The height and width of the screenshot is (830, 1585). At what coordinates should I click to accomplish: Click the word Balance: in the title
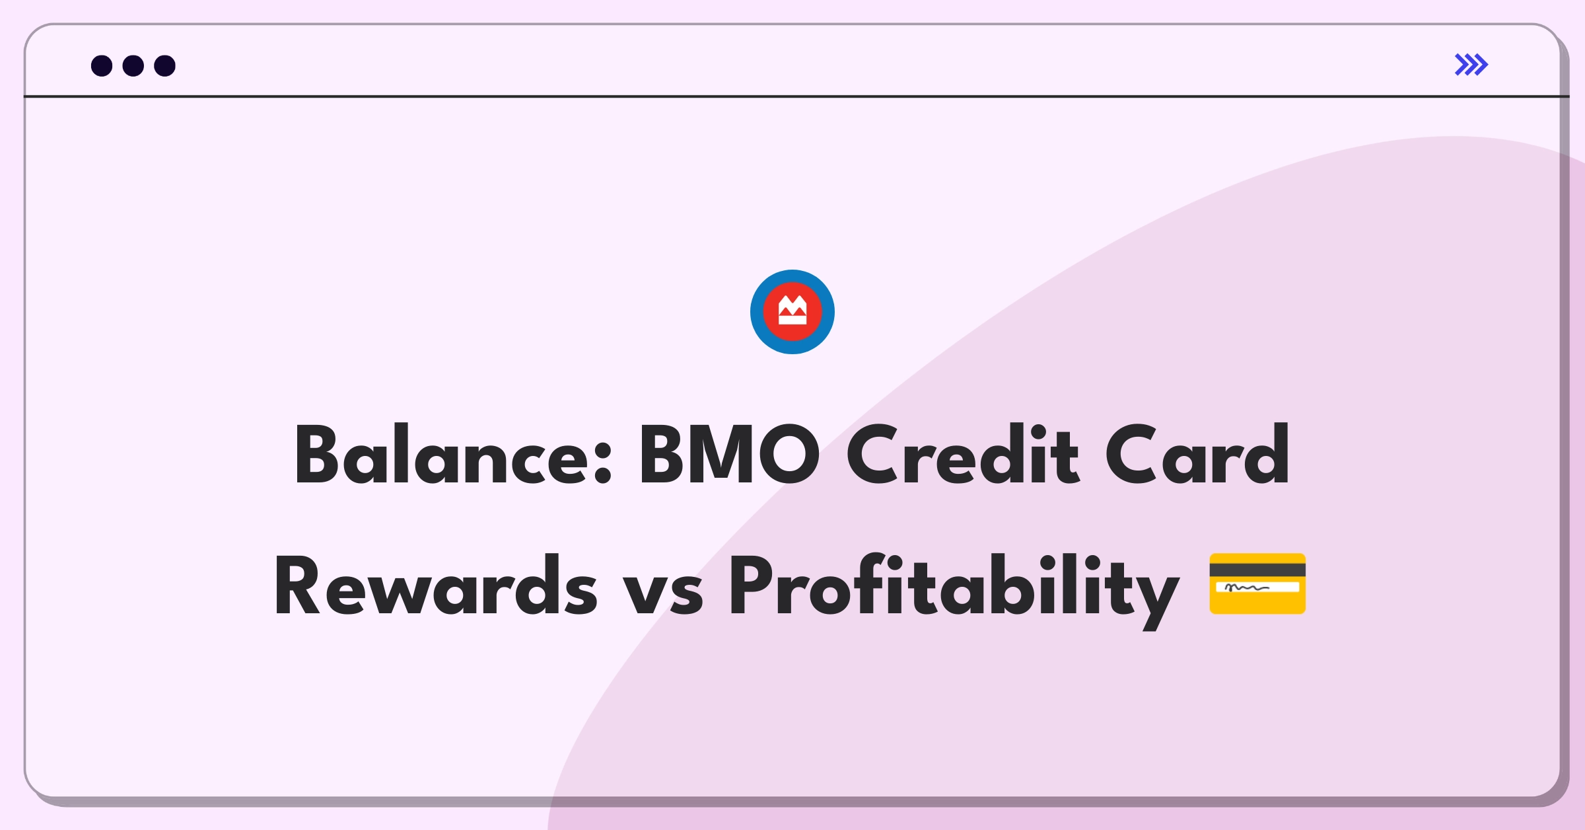click(454, 455)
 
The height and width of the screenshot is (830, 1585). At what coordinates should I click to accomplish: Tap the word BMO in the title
click(729, 455)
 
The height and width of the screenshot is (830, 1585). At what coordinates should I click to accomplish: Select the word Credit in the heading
click(962, 455)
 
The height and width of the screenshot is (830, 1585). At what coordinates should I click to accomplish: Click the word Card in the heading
click(1197, 455)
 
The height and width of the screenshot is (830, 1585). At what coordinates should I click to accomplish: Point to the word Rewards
click(436, 585)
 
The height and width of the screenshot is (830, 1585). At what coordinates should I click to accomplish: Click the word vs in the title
click(662, 593)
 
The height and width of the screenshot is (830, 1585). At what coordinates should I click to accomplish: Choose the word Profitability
click(954, 590)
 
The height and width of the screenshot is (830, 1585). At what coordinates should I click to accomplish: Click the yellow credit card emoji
click(1257, 584)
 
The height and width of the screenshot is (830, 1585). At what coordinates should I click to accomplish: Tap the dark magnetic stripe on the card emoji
click(1257, 570)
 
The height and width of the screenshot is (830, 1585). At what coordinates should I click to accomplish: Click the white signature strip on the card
click(1257, 587)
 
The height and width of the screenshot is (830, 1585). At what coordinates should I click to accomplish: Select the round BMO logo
click(792, 312)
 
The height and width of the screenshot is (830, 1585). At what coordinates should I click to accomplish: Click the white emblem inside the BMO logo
click(792, 311)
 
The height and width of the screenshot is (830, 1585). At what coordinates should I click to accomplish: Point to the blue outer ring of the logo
click(757, 312)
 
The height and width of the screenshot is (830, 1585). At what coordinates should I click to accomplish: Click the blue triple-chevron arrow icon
click(1471, 65)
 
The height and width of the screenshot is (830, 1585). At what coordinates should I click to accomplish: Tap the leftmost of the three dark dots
click(102, 65)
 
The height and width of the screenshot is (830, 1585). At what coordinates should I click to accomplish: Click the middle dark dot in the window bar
click(133, 65)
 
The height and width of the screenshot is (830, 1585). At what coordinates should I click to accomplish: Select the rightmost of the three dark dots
click(165, 65)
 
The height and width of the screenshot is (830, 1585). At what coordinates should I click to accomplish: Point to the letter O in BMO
click(789, 455)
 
